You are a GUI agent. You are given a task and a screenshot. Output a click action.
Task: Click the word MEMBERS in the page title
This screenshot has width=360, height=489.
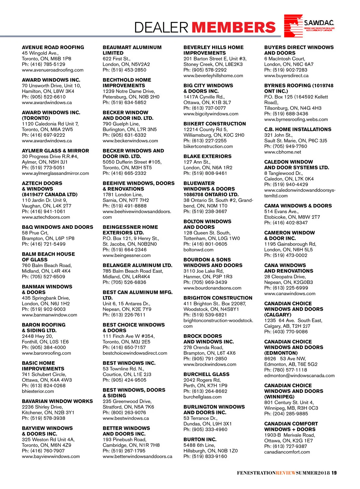pyautogui.click(x=233, y=27)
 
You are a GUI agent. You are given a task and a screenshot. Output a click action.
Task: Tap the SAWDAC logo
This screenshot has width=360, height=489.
pyautogui.click(x=309, y=26)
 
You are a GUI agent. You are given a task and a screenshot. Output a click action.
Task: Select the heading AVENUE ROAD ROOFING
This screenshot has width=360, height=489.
pyautogui.click(x=53, y=47)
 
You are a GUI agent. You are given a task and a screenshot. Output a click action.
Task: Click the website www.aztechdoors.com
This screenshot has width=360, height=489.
pyautogui.click(x=46, y=217)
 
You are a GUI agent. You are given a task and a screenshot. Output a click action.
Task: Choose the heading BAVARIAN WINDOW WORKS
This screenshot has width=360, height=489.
pyautogui.click(x=57, y=401)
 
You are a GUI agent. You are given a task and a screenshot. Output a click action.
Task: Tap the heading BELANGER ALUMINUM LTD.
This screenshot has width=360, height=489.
pyautogui.click(x=137, y=265)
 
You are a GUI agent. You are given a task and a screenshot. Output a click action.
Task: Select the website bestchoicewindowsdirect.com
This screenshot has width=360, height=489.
pyautogui.click(x=135, y=353)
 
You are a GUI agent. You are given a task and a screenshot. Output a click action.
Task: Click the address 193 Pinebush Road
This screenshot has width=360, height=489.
pyautogui.click(x=124, y=440)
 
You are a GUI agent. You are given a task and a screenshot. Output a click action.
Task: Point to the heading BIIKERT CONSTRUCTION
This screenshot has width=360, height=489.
pyautogui.click(x=214, y=124)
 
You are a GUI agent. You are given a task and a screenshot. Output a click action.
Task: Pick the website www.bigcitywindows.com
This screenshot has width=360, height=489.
pyautogui.click(x=211, y=114)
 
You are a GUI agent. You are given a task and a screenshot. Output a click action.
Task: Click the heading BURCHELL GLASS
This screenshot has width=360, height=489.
pyautogui.click(x=206, y=374)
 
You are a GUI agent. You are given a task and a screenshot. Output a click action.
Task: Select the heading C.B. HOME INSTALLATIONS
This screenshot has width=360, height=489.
pyautogui.click(x=298, y=130)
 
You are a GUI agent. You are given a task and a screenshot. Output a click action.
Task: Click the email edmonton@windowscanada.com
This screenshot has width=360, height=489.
pyautogui.click(x=299, y=376)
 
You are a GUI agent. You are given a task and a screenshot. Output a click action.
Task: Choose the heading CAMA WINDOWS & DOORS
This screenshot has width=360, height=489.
pyautogui.click(x=298, y=206)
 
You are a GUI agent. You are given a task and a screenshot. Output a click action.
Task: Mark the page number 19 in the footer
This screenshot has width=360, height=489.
pyautogui.click(x=334, y=473)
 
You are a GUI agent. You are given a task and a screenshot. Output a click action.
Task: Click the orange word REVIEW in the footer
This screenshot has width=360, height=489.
pyautogui.click(x=286, y=473)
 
